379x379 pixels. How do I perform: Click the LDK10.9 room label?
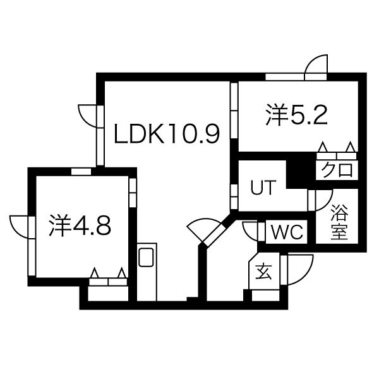[167, 134]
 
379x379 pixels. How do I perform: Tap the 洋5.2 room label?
[297, 114]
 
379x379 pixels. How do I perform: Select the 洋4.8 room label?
[80, 226]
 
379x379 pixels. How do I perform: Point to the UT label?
[263, 188]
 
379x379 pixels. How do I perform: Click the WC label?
[287, 232]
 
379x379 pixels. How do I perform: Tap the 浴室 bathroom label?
[339, 222]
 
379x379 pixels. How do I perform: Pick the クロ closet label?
[337, 169]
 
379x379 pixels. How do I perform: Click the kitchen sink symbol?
[146, 257]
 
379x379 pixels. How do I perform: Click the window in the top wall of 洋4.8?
[81, 172]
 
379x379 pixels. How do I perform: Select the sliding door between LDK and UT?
[234, 196]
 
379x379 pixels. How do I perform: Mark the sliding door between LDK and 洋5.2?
[234, 110]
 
